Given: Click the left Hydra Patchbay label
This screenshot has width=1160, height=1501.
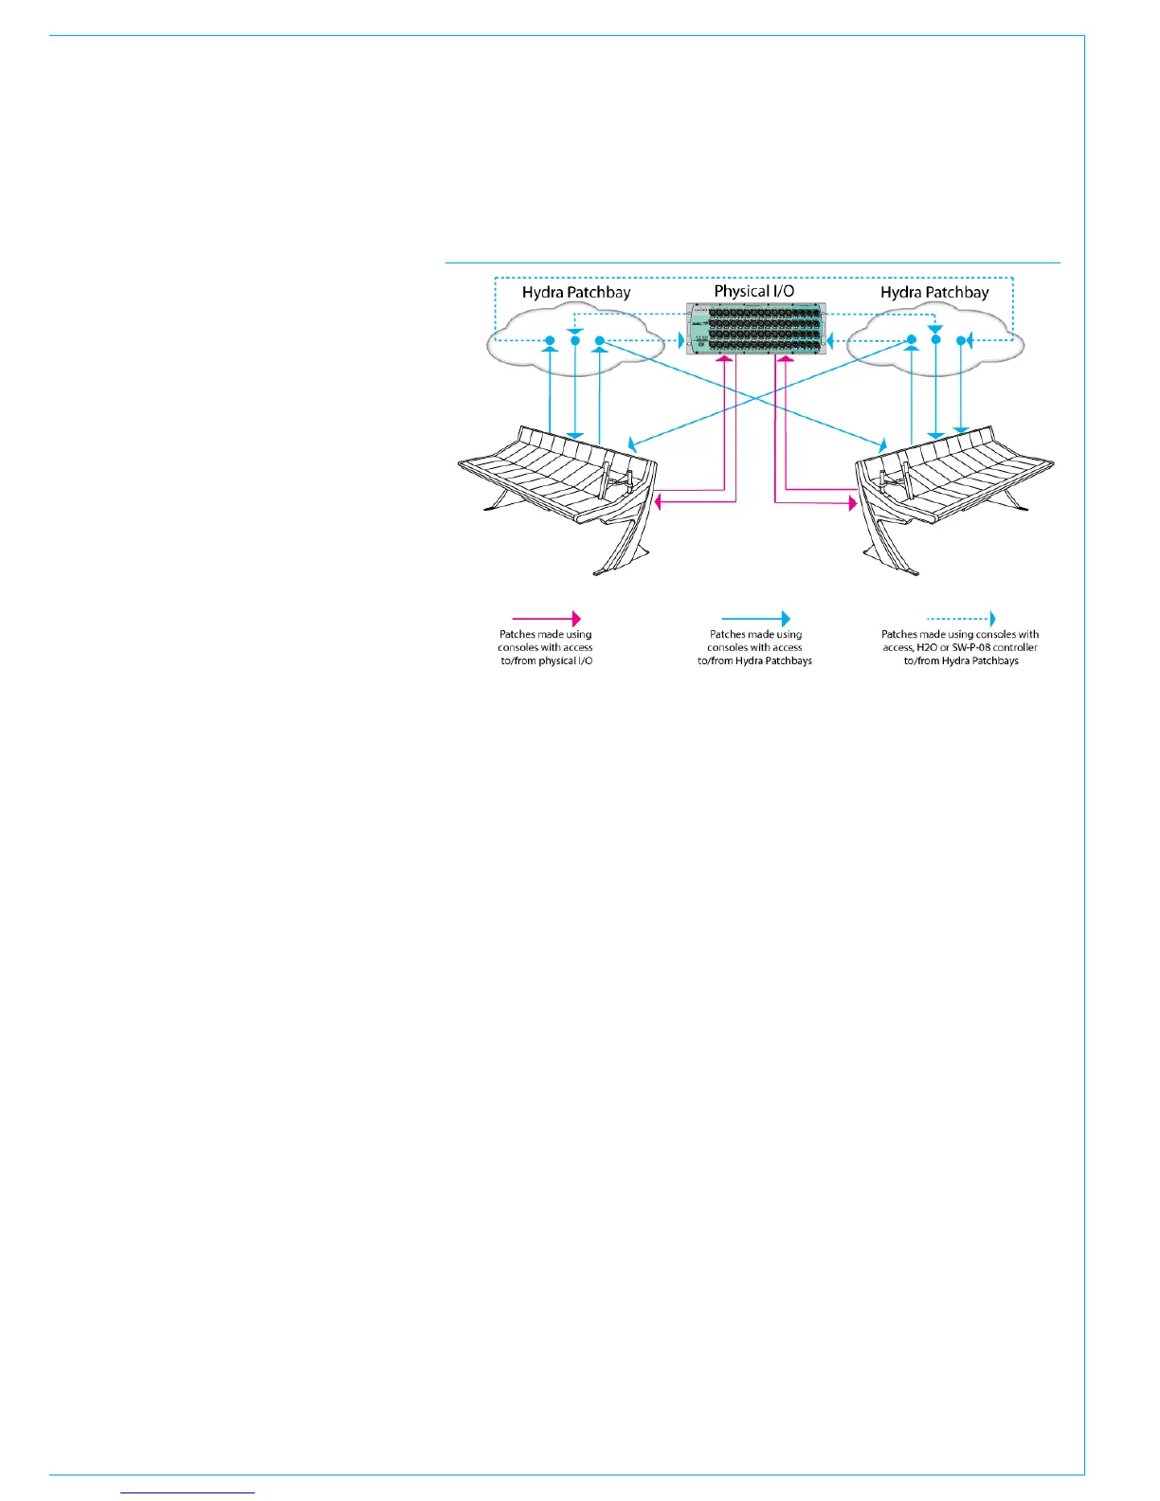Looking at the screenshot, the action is [575, 292].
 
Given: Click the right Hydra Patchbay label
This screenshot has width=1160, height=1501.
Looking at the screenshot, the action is [933, 292].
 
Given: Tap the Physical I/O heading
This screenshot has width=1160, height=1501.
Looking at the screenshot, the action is [753, 291].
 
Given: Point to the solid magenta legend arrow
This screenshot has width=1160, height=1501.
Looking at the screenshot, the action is [546, 619].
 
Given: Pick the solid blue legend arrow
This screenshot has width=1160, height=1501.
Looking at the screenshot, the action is [755, 619].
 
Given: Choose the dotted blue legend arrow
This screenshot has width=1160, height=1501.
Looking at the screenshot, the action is [960, 619].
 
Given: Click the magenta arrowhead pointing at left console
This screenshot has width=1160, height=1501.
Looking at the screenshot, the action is [660, 505].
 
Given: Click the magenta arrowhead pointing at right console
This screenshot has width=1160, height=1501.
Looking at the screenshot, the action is [852, 504].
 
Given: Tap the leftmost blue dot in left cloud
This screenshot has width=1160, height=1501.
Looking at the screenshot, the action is [549, 340].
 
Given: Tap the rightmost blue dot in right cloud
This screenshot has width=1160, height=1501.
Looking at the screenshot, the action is [961, 340].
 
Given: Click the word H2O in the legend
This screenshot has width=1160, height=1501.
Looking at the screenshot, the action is [926, 647].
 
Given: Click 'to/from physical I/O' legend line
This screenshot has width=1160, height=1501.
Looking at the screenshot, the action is [546, 660].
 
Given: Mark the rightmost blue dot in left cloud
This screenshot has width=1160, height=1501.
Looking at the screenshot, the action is [599, 340].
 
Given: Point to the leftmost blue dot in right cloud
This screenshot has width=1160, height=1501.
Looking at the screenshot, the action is [911, 340].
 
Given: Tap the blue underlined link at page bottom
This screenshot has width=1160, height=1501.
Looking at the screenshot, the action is [189, 1492].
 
